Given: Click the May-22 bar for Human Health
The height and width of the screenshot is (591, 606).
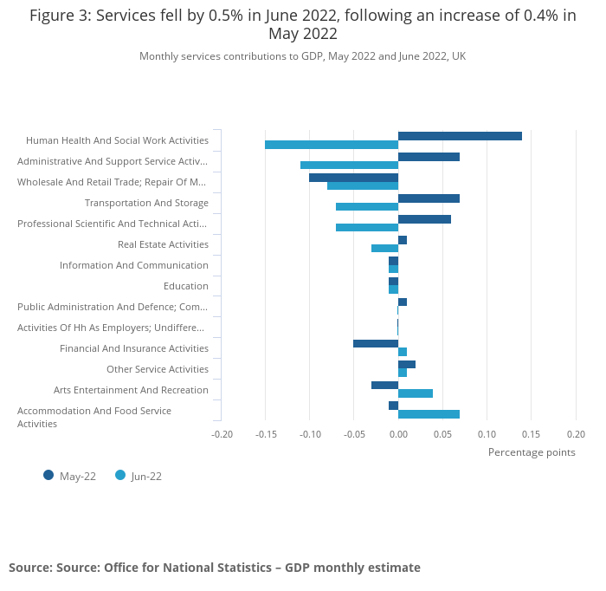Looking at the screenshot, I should click(460, 136).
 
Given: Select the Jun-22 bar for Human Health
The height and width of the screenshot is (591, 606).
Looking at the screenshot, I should click(332, 145).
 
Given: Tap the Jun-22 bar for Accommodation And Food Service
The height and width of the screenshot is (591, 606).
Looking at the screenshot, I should click(429, 414).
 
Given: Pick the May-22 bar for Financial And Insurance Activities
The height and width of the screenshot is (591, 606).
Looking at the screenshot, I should click(376, 343).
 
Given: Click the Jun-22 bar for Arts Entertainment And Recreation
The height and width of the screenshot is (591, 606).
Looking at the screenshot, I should click(416, 393).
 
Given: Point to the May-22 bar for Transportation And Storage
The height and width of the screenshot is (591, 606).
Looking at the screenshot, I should click(429, 198).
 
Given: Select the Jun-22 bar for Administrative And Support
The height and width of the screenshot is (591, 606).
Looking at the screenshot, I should click(349, 165).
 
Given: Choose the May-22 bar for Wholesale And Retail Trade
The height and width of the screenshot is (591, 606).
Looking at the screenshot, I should click(353, 178).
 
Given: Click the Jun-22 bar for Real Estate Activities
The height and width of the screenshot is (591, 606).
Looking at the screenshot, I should click(384, 248).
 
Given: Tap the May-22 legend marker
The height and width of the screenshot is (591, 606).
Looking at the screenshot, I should click(48, 475).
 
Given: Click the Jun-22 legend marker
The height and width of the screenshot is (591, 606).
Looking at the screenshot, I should click(120, 475).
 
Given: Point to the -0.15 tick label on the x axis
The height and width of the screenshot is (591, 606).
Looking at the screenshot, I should click(265, 434).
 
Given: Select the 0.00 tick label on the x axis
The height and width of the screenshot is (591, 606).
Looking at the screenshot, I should click(398, 434).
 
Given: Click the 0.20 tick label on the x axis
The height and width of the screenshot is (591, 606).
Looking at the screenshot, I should click(576, 434).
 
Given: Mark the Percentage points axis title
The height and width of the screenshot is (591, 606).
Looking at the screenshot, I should click(532, 451).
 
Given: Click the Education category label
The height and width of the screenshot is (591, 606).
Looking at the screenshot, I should click(185, 286).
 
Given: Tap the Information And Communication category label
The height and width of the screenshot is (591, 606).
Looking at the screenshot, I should click(134, 265).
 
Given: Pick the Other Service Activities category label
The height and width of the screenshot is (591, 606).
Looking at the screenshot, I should click(158, 369).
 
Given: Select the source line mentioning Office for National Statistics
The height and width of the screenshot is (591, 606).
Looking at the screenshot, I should click(215, 568).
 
